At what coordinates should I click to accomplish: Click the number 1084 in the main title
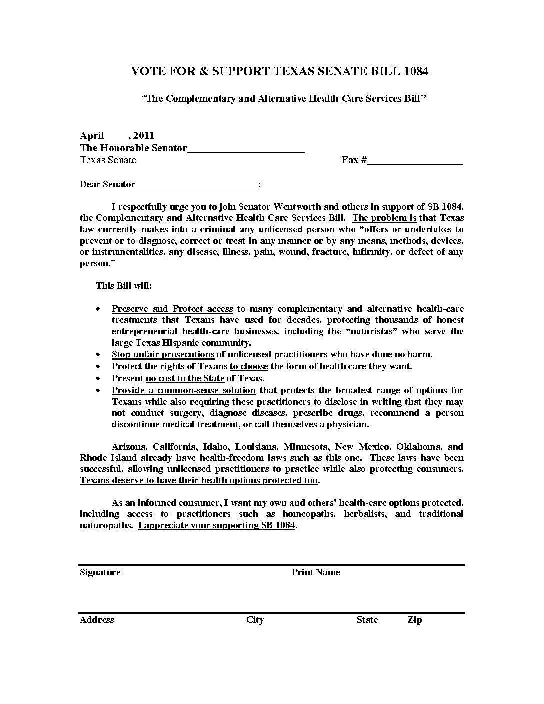(x=416, y=71)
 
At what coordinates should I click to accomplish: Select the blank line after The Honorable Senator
(x=246, y=149)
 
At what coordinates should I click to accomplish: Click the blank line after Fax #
(x=415, y=161)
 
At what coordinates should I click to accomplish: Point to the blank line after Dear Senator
(x=196, y=185)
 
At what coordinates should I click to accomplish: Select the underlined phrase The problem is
(x=384, y=218)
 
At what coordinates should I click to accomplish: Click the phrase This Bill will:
(x=124, y=286)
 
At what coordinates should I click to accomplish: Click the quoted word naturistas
(x=370, y=331)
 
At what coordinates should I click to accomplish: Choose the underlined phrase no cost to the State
(x=185, y=378)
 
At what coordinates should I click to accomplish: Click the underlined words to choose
(x=249, y=366)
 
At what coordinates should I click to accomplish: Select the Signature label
(x=100, y=572)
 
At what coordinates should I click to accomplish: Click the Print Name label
(x=315, y=572)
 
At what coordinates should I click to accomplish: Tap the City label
(x=255, y=620)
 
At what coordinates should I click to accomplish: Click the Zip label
(x=414, y=620)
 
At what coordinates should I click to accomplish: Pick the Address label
(x=97, y=620)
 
